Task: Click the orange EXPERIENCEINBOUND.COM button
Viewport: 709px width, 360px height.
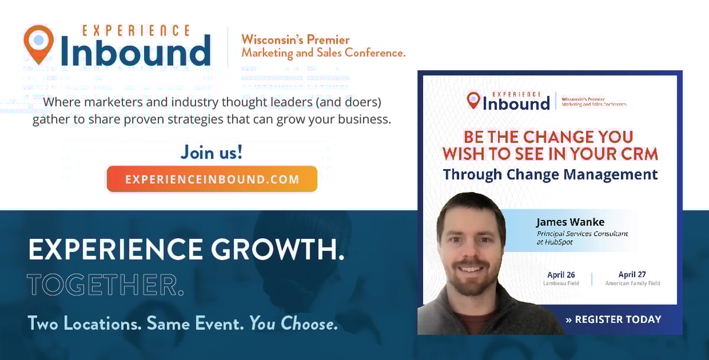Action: [212, 179]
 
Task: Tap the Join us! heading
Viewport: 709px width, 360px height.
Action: [212, 153]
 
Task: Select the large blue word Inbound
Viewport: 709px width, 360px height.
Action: [135, 50]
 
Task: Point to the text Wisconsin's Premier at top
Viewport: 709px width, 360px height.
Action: [295, 40]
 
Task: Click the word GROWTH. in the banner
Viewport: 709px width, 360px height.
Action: [278, 249]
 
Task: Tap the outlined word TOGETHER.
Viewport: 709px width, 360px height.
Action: [105, 285]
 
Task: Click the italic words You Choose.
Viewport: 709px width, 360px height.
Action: [294, 323]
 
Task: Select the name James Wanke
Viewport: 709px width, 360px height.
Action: [570, 222]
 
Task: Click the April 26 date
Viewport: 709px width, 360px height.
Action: [561, 275]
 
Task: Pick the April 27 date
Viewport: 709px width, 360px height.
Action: [632, 274]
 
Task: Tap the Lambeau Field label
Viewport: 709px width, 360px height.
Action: [561, 283]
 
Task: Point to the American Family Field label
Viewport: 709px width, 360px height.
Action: [632, 283]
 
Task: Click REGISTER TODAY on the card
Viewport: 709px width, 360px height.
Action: [613, 319]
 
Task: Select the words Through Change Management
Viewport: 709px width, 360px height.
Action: [550, 174]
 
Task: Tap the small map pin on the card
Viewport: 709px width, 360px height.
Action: [473, 100]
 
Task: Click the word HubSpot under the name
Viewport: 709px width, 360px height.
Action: [559, 242]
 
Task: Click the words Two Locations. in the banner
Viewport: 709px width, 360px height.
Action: [84, 323]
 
